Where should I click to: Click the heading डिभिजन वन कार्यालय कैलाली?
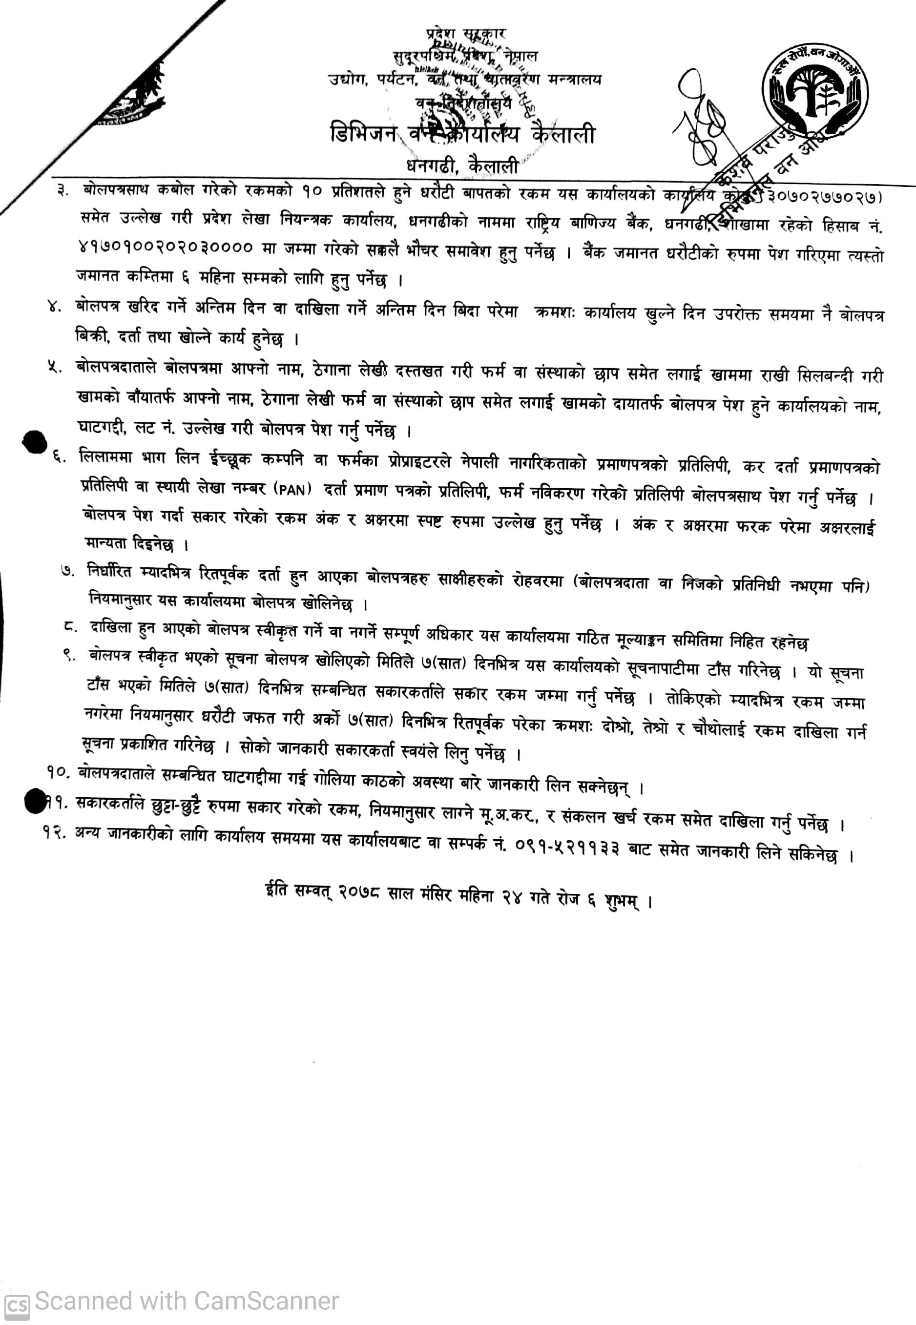462,134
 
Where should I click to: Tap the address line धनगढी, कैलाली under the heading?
462,166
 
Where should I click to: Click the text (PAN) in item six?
293,489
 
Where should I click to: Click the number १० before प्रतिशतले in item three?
313,192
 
